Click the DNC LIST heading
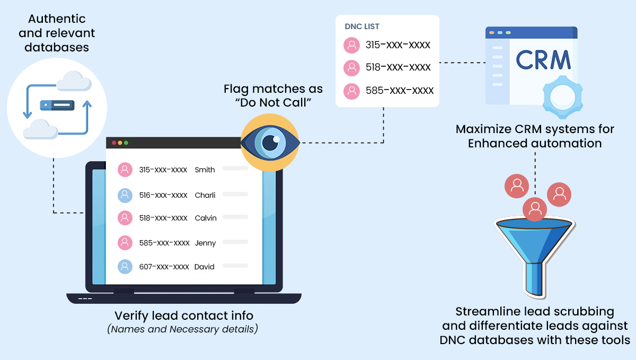362,27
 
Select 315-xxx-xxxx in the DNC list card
398,45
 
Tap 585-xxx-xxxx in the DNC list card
400,91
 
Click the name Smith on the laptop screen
205,170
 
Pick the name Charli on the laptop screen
205,195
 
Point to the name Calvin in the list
206,218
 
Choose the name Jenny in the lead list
205,243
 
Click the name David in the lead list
204,267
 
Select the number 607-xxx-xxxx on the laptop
164,267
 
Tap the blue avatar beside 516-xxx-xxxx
125,196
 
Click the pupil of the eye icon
270,143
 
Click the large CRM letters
543,60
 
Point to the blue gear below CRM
562,98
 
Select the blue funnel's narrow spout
534,279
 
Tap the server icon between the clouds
57,105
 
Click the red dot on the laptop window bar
114,143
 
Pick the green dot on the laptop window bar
126,143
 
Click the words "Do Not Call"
273,102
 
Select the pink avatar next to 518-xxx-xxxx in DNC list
351,68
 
